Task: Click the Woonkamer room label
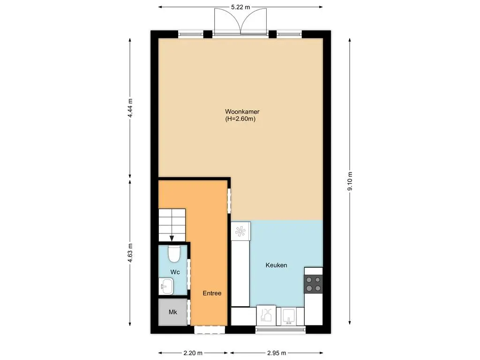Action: point(242,112)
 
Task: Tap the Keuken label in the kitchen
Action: point(276,265)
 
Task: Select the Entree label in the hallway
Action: point(211,293)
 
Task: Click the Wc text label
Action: point(174,272)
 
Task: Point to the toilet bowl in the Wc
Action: point(174,254)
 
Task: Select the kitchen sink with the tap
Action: point(290,316)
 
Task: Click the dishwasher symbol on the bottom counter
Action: point(267,315)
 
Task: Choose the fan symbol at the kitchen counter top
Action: point(240,231)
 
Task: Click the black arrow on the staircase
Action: point(172,238)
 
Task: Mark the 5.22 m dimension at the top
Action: point(240,7)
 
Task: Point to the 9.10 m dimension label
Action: point(350,180)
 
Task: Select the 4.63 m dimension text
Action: point(130,253)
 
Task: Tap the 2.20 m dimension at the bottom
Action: point(193,353)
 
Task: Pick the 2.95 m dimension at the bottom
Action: point(276,353)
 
